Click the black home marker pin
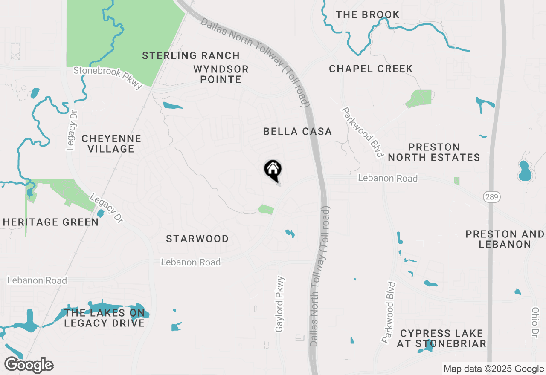click(273, 170)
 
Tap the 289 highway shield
click(492, 197)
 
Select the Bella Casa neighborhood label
click(297, 131)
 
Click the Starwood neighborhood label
click(197, 239)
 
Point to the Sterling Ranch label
click(191, 55)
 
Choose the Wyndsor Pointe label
click(221, 74)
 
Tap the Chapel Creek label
click(371, 69)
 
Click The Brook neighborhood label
click(367, 14)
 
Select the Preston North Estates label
click(434, 152)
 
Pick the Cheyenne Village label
click(111, 144)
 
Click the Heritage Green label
click(51, 222)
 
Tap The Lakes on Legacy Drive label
click(105, 318)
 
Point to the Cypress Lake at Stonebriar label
click(441, 338)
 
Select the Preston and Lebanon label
click(505, 239)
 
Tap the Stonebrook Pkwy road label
click(108, 77)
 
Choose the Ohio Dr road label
click(535, 323)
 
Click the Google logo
click(29, 365)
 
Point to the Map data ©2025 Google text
click(494, 369)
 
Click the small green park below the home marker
click(266, 209)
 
